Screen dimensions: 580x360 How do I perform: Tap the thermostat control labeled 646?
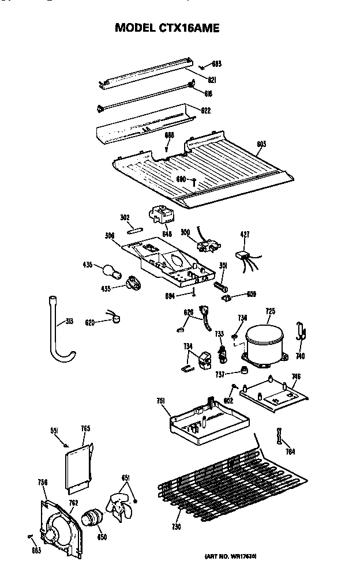[163, 219]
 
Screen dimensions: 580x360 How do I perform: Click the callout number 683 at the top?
[216, 65]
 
